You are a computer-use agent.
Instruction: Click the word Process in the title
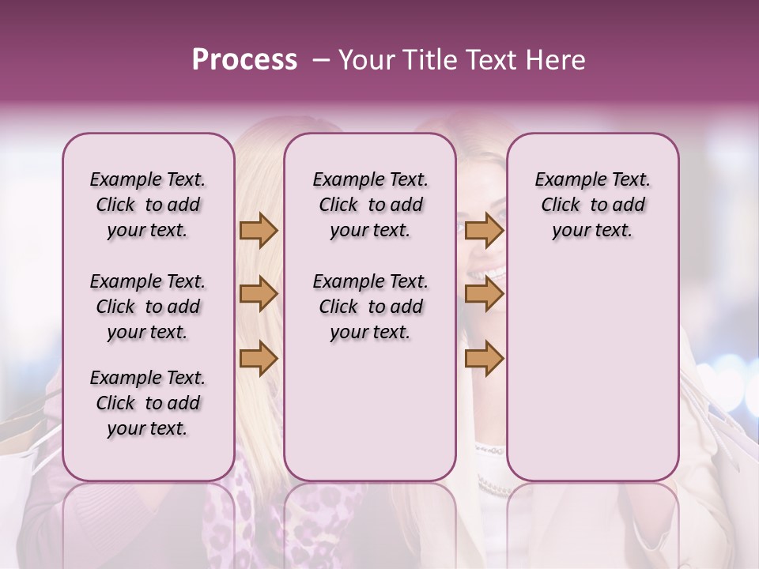(x=244, y=60)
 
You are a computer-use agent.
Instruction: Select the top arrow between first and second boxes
(x=259, y=231)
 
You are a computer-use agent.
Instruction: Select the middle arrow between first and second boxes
(x=259, y=294)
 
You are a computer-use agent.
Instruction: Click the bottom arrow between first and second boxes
(x=259, y=359)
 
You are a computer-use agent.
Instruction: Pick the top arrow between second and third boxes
(x=484, y=231)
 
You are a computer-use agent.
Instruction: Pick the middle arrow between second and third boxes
(x=484, y=294)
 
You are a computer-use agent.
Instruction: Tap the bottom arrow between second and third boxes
(x=484, y=359)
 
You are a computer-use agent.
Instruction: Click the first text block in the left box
(x=148, y=205)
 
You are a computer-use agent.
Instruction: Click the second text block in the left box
(x=148, y=307)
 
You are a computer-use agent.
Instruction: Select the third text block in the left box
(x=148, y=403)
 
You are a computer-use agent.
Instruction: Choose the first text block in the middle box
(x=370, y=205)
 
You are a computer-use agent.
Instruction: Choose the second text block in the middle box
(x=370, y=307)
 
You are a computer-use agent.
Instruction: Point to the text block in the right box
(x=592, y=205)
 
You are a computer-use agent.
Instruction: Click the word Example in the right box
(x=564, y=180)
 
